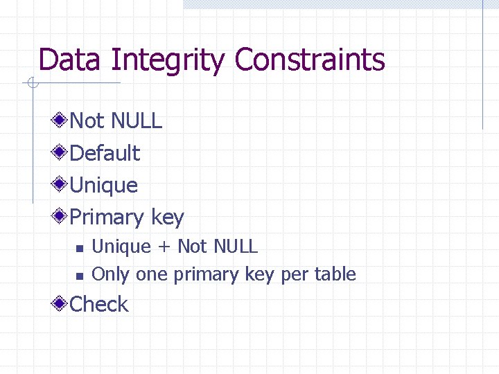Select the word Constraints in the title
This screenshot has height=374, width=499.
point(309,60)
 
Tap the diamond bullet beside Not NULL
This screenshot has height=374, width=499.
point(62,121)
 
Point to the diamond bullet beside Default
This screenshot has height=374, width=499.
point(62,153)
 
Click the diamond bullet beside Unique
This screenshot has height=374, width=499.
point(62,185)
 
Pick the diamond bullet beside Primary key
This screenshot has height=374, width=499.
point(62,217)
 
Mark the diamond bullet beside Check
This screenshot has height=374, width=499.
point(62,304)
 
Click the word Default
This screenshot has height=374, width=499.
point(105,153)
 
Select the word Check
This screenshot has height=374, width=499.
point(100,304)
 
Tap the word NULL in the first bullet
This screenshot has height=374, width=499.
point(137,121)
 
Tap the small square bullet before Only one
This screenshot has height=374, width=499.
point(79,276)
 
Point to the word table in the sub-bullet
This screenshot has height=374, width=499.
point(335,274)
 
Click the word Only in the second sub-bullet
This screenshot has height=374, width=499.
point(111,275)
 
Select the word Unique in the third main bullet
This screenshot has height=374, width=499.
point(104,185)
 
